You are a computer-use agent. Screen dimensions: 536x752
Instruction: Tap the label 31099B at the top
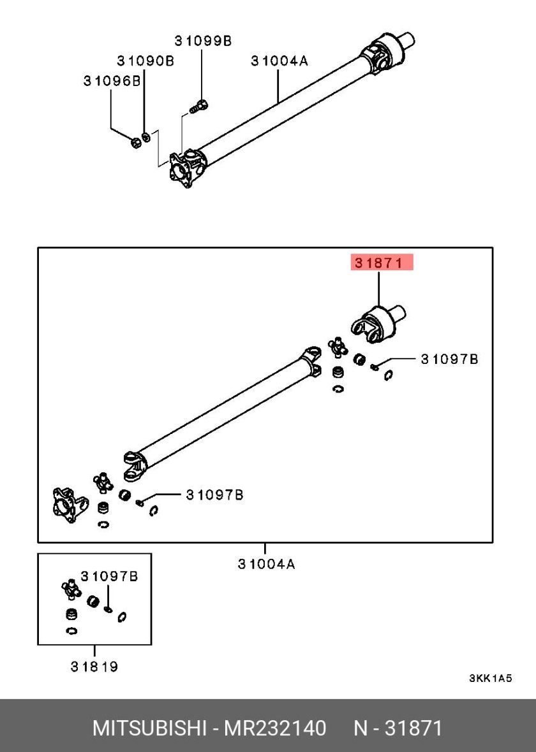(203, 41)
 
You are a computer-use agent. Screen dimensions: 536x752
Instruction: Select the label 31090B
(145, 61)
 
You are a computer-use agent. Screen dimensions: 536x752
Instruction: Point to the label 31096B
(112, 80)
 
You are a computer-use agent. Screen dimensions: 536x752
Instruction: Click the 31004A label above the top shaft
(279, 61)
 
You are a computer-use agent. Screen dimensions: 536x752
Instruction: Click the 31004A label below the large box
(266, 563)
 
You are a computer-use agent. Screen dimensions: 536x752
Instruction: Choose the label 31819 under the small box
(94, 666)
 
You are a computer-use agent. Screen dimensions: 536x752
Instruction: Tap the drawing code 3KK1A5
(490, 678)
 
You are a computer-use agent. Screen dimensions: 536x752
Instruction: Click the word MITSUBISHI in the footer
(149, 728)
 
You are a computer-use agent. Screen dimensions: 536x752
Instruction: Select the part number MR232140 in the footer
(276, 728)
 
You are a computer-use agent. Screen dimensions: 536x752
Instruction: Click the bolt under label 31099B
(199, 106)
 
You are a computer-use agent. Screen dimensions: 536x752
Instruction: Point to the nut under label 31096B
(136, 141)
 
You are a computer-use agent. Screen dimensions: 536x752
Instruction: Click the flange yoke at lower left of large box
(70, 505)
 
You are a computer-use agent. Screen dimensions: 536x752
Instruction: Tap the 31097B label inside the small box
(109, 576)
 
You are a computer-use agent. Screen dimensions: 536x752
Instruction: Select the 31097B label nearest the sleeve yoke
(450, 359)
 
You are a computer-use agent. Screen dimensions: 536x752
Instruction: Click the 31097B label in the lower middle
(214, 495)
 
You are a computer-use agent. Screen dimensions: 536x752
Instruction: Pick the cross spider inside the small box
(71, 588)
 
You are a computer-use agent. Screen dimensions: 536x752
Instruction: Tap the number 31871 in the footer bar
(414, 728)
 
